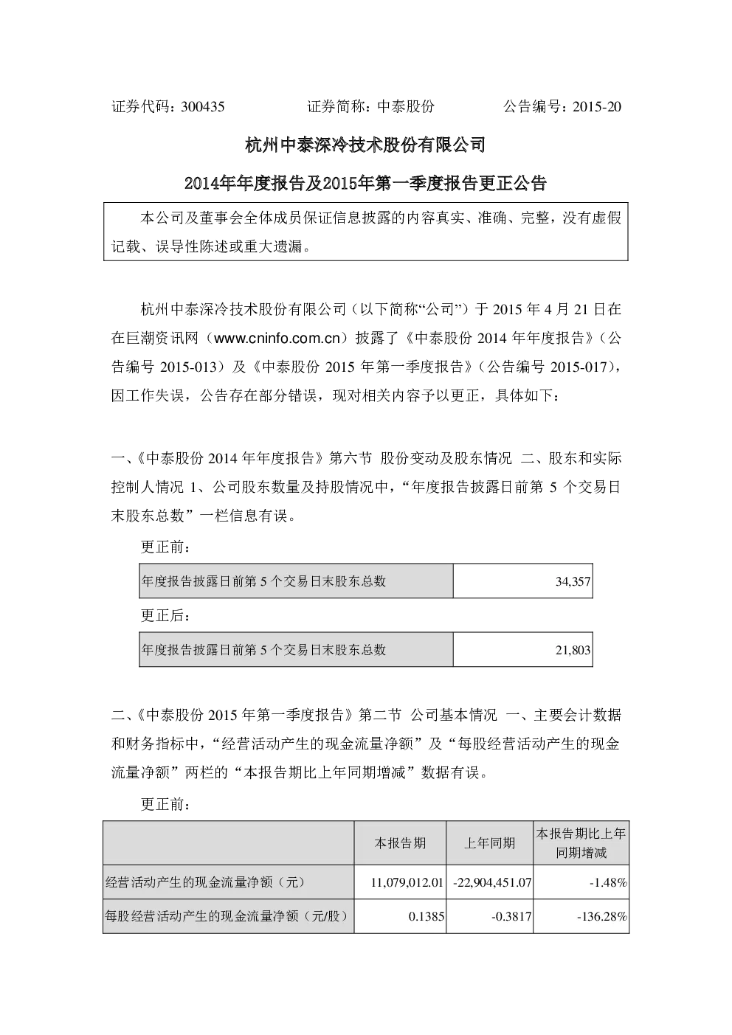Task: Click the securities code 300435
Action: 203,107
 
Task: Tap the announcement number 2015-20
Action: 597,107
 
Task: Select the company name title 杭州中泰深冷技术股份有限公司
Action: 365,145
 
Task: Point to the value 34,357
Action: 573,581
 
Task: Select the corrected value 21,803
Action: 573,650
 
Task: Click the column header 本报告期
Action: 400,843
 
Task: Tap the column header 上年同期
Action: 489,843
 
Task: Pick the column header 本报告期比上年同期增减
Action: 581,843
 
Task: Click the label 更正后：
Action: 165,615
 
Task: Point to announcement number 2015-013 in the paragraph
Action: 189,367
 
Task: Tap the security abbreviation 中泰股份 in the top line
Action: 406,107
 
